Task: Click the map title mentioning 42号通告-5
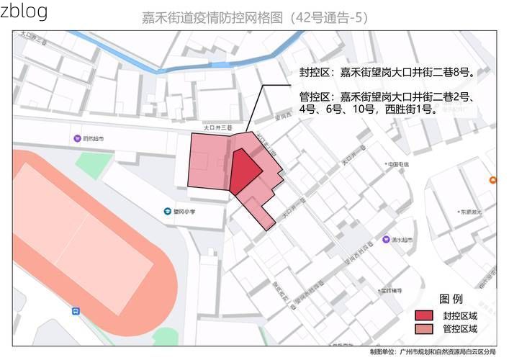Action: click(x=255, y=17)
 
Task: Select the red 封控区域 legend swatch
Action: click(x=424, y=315)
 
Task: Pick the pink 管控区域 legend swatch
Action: click(x=424, y=329)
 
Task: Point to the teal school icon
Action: click(x=167, y=212)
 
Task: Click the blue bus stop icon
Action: click(x=76, y=311)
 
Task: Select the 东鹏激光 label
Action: click(x=471, y=212)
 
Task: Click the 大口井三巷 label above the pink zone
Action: click(x=217, y=127)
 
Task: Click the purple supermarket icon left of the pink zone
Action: click(x=77, y=138)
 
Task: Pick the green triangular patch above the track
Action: click(x=89, y=165)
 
